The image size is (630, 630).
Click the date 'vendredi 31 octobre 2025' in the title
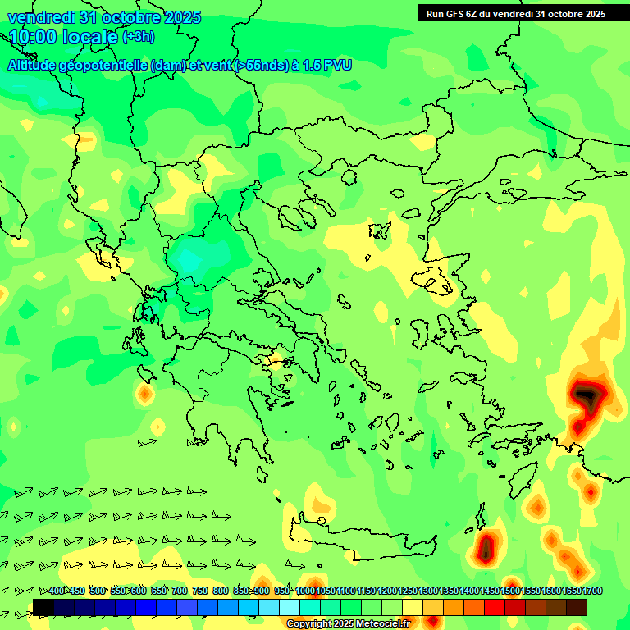coord(104,17)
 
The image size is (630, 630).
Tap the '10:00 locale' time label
coord(63,37)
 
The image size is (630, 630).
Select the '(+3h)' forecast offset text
coord(138,37)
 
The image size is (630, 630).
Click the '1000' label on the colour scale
coord(305,591)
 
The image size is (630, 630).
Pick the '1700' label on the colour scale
coord(571,591)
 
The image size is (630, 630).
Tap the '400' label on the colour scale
coord(57,591)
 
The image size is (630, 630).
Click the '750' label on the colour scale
coord(199,591)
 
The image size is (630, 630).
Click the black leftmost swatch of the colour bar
coord(43,607)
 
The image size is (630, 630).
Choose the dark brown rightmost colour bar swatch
coord(577,607)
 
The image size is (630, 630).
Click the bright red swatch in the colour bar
coord(495,607)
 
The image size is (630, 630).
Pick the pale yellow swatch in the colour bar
coord(413,607)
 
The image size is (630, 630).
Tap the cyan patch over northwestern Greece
coord(189,261)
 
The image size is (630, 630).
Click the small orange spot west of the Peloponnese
coord(145,395)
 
